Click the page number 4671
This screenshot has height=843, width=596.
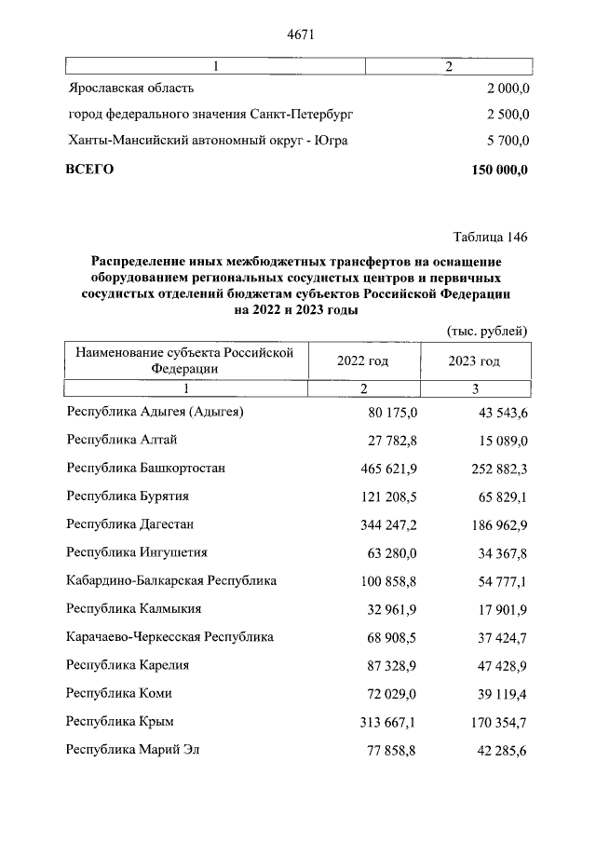point(298,35)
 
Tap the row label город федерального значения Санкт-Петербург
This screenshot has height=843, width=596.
point(210,115)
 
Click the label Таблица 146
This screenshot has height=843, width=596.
point(490,237)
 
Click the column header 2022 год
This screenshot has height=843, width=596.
point(363,361)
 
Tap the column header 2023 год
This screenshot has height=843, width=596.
point(474,361)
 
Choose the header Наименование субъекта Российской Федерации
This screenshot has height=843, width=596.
point(184,360)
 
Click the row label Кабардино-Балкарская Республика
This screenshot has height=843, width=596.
point(171,580)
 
